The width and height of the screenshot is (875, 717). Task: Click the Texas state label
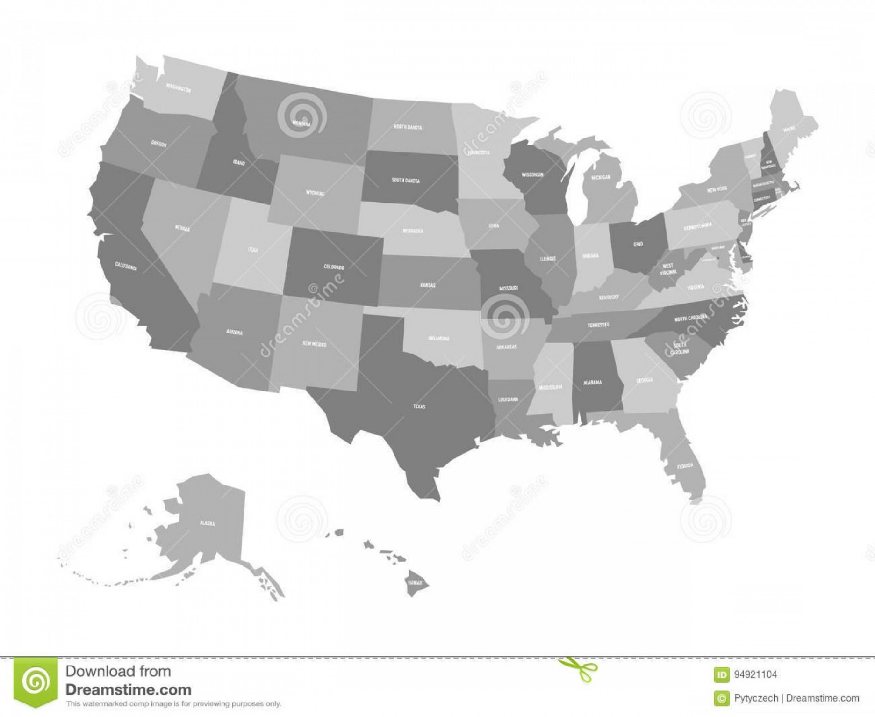click(x=419, y=406)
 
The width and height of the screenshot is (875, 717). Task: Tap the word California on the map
click(x=126, y=267)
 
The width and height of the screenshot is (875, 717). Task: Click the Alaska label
click(x=207, y=523)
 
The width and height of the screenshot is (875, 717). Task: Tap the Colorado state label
click(x=334, y=267)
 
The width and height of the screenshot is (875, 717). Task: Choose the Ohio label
click(x=638, y=244)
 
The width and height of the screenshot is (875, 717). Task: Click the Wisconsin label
click(x=532, y=174)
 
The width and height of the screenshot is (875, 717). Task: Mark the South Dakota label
click(x=405, y=180)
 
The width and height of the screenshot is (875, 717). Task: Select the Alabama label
click(x=592, y=383)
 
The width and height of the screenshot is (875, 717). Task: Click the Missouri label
click(x=509, y=289)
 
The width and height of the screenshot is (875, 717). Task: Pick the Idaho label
click(x=239, y=163)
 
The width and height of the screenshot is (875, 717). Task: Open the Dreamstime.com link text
click(x=129, y=690)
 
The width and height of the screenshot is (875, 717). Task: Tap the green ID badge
click(x=722, y=674)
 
